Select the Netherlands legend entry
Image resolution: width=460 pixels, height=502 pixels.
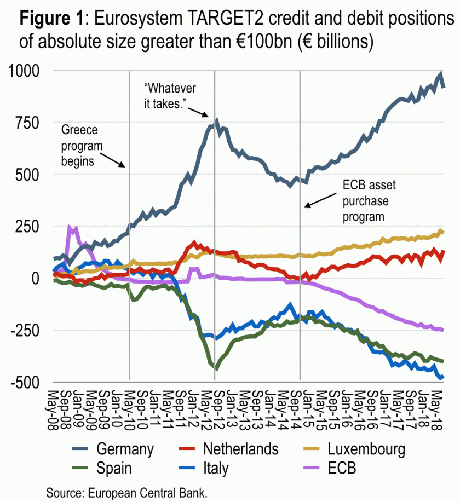coord(240,449)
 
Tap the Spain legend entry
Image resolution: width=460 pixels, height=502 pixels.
coord(114,468)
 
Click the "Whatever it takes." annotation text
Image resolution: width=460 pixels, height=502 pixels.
coord(170,95)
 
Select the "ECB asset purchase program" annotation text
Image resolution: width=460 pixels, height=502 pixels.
coord(369,200)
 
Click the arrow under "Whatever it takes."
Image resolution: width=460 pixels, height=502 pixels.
coord(198,111)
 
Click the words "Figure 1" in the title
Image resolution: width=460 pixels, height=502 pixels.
coord(51,20)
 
